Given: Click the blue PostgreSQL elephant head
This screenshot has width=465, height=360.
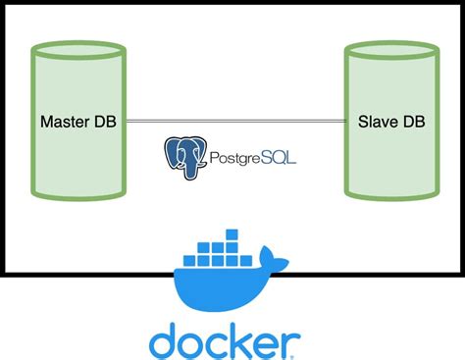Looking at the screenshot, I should coord(185,154).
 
